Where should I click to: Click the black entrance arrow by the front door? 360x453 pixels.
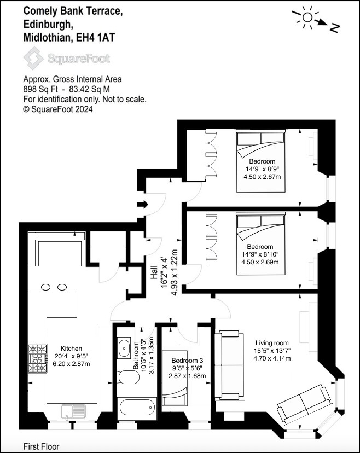(x=142, y=205)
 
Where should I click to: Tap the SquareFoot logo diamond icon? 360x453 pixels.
(x=33, y=58)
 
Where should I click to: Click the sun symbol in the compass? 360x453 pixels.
(x=307, y=18)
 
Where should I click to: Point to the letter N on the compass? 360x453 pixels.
(x=334, y=28)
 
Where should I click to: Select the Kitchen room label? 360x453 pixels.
(x=71, y=349)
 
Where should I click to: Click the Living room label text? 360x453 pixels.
(x=272, y=343)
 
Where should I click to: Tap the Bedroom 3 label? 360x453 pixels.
(x=187, y=360)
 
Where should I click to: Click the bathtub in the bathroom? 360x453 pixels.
(x=137, y=409)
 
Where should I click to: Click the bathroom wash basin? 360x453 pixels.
(x=124, y=348)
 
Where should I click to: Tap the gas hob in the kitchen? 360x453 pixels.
(x=37, y=358)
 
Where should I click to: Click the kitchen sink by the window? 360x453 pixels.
(x=73, y=411)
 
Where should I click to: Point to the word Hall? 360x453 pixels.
(x=154, y=272)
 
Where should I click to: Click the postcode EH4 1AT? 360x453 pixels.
(x=95, y=38)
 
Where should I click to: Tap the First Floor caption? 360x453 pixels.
(x=42, y=446)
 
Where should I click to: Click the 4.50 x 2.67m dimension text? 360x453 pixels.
(x=262, y=177)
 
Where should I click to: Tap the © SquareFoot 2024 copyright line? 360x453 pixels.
(x=58, y=109)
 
